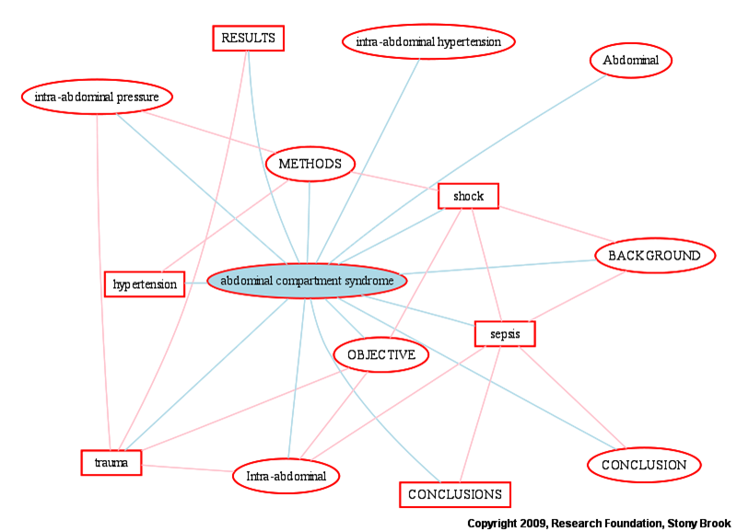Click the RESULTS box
247,38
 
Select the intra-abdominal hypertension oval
428,41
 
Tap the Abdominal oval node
631,61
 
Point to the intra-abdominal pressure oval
97,97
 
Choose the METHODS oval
310,164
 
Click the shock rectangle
468,195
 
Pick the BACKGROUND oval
654,255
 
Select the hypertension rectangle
145,284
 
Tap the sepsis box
505,333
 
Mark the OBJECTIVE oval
381,354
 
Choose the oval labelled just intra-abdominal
287,476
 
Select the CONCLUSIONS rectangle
454,494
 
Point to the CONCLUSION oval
644,465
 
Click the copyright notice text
599,523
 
